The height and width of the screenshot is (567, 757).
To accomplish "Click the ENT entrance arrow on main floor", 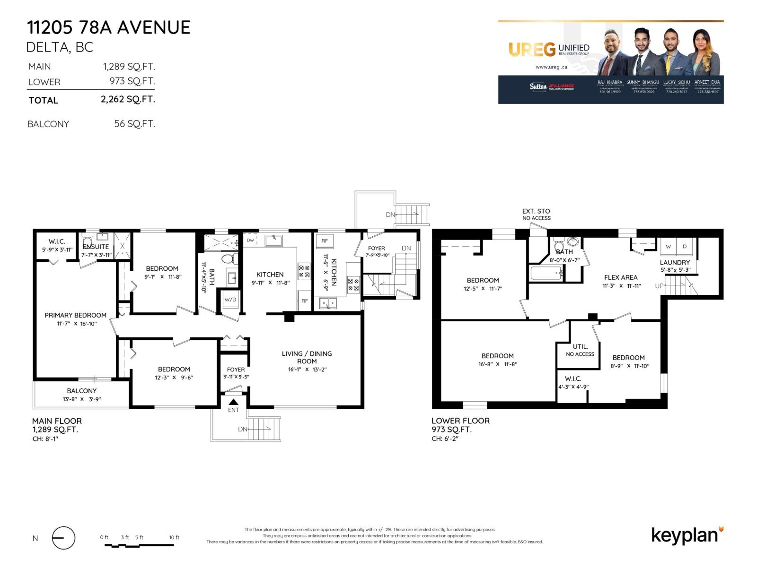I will [x=233, y=402].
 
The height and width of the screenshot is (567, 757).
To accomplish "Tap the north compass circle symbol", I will [x=63, y=538].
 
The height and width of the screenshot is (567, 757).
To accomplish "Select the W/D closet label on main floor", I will [x=230, y=300].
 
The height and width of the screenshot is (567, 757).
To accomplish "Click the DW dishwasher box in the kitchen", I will [x=250, y=240].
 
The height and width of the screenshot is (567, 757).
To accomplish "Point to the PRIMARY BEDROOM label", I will [x=76, y=315].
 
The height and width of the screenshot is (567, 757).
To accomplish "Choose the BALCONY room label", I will [x=82, y=391].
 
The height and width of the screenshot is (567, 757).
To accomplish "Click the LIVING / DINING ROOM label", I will [x=307, y=357].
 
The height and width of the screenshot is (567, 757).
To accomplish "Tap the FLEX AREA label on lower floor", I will [x=621, y=277].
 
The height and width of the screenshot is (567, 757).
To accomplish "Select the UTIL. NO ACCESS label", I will [x=580, y=350].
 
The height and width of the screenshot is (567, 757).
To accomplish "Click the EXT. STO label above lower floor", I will [x=536, y=211].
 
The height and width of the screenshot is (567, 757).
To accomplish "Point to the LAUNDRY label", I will [x=675, y=262].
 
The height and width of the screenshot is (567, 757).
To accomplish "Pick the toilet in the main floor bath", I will [x=228, y=258].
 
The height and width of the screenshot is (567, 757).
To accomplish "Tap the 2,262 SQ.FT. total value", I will [x=128, y=99].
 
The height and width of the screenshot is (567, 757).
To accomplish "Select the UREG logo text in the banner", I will [x=532, y=49].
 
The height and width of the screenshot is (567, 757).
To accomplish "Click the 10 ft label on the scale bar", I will [x=174, y=537].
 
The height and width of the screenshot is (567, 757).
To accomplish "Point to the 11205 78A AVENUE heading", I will [x=109, y=28].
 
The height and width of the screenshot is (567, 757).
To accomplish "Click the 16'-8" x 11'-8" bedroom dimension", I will [x=497, y=364].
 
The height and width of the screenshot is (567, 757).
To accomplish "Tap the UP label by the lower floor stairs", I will [x=659, y=286].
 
